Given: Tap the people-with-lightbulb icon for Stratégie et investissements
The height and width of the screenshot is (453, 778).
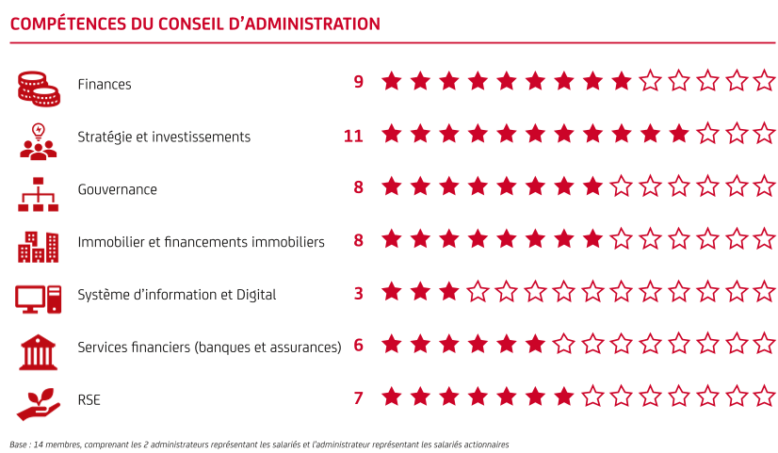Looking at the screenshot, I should click(39, 138).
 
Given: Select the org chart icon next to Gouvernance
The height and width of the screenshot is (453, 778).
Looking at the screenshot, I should click(39, 191).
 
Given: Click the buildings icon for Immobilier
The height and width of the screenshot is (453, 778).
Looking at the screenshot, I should click(39, 244).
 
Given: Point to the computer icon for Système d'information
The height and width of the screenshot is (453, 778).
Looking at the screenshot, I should click(39, 297).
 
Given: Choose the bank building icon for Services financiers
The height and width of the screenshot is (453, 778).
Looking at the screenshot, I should click(39, 349).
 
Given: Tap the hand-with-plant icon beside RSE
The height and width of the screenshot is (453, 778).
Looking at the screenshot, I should click(39, 401).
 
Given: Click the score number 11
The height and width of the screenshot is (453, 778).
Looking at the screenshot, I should click(353, 137).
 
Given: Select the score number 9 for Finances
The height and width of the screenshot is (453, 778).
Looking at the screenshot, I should click(359, 83).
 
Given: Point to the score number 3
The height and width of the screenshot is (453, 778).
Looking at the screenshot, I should click(359, 294).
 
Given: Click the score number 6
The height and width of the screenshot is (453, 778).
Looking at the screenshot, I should click(359, 346).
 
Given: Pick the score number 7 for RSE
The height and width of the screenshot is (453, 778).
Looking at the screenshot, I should click(359, 398).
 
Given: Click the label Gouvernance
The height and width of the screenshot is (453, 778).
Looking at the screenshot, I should click(117, 189).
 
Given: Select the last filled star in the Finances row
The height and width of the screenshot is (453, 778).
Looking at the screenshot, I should click(621, 82).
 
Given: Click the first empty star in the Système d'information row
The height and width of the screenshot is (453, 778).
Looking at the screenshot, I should click(478, 292).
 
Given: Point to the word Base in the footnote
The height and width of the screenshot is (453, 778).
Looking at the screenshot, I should click(20, 444).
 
